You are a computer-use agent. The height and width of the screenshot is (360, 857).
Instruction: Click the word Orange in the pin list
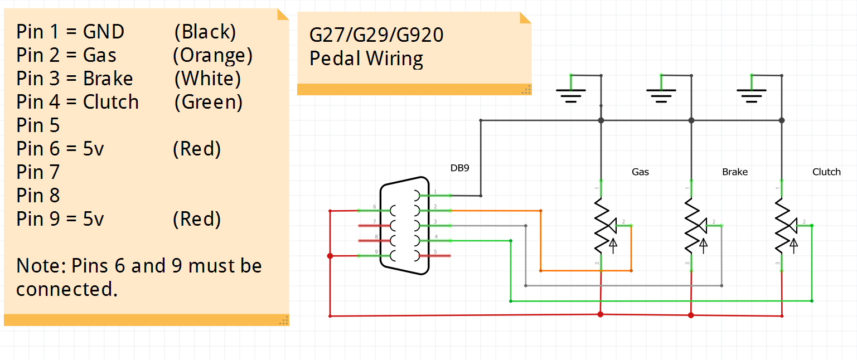212,55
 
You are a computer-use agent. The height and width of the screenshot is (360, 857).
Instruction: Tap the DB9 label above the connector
460,168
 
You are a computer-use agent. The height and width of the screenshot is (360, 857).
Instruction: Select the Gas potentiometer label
640,172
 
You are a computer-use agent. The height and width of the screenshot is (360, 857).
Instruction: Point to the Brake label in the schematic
734,172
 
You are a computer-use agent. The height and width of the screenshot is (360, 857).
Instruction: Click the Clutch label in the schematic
826,172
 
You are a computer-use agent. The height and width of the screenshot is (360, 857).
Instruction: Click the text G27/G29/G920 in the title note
376,35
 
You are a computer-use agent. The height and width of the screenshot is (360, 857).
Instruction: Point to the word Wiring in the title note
396,59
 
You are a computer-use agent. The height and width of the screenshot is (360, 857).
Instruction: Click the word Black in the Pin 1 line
205,32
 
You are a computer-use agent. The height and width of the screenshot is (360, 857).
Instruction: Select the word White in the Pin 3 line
207,79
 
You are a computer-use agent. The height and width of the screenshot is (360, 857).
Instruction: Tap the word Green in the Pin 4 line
208,102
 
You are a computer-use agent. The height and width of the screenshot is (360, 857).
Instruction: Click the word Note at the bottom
41,266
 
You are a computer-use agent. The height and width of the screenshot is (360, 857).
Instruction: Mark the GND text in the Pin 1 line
104,32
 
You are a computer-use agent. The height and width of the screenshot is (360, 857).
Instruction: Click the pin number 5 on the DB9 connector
435,251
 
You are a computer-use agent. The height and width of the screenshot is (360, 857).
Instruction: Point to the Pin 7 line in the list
38,172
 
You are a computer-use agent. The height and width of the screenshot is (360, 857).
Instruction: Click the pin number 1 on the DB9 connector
435,192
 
